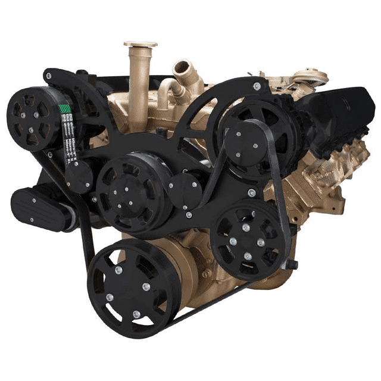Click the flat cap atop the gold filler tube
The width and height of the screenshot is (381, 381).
[x=140, y=44]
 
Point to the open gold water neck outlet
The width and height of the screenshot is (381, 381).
[x=181, y=68]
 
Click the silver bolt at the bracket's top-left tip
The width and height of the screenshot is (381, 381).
[x=48, y=77]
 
